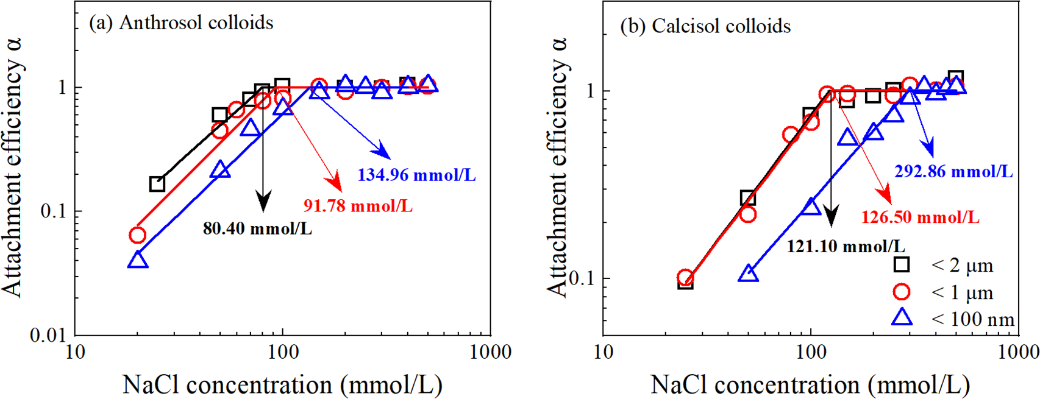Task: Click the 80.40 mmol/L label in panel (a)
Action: click(257, 229)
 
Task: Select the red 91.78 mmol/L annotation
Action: click(358, 206)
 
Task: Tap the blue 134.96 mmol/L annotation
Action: click(416, 175)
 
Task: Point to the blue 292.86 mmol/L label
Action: click(953, 172)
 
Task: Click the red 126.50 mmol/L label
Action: click(920, 217)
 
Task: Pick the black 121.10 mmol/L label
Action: click(846, 247)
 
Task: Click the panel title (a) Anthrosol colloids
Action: click(181, 23)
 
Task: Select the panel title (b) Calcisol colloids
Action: click(705, 26)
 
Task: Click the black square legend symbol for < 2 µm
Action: click(901, 264)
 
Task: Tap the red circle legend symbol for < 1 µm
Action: click(901, 292)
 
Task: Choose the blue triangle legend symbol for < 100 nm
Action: click(901, 317)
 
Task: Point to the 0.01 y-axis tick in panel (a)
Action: click(48, 335)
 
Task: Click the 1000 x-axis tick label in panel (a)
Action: click(490, 352)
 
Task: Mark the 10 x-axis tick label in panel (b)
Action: click(603, 352)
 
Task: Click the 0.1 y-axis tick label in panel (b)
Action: click(582, 278)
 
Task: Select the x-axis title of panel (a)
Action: click(282, 384)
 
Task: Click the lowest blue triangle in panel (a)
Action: click(138, 260)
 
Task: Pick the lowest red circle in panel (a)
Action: click(138, 235)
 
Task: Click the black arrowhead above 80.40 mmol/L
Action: click(263, 201)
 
